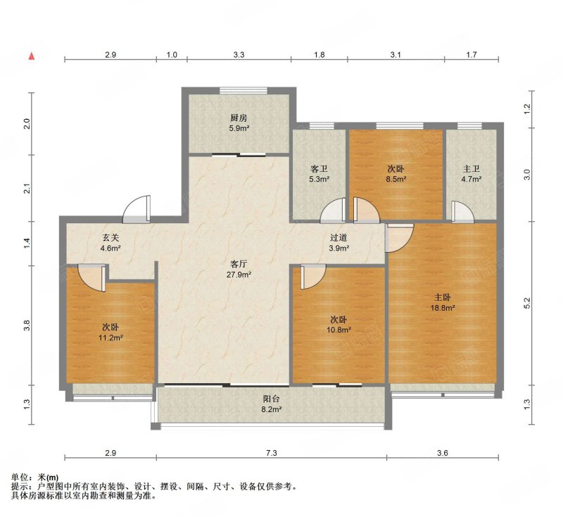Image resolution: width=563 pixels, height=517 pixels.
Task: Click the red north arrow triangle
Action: (x=32, y=56)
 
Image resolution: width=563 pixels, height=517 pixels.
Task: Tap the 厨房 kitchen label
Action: (x=239, y=118)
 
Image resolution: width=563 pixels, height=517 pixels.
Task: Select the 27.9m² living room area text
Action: (x=239, y=275)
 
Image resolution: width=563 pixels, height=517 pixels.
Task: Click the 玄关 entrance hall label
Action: (x=110, y=237)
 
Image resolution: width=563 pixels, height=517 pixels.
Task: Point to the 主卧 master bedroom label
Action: (x=443, y=297)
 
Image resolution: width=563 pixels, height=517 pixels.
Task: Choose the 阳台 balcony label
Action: (x=272, y=399)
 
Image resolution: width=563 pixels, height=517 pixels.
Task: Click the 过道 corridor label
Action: (x=339, y=237)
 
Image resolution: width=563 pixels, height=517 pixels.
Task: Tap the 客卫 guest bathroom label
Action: (x=320, y=168)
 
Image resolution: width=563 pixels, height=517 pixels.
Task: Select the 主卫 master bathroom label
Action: (x=471, y=168)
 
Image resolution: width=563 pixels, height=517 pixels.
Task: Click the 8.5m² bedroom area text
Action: (x=396, y=179)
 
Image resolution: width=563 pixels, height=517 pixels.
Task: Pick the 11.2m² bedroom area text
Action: (x=111, y=337)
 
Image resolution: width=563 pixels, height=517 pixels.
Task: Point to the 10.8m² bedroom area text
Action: (x=339, y=330)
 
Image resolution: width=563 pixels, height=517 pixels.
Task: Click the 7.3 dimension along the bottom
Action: (x=272, y=453)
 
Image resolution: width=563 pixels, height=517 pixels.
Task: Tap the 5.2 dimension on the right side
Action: (x=527, y=304)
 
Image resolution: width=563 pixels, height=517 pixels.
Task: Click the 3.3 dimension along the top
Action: (x=239, y=55)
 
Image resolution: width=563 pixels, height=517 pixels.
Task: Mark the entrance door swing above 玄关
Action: (x=137, y=209)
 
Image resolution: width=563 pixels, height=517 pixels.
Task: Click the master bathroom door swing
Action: (x=462, y=211)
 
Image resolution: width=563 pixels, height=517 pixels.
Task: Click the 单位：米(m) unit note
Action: (x=34, y=478)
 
